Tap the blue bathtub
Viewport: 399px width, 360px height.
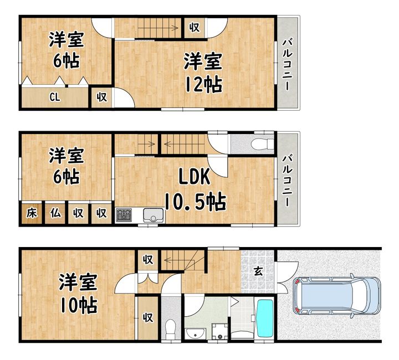[265, 318]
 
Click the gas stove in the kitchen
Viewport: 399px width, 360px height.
[124, 215]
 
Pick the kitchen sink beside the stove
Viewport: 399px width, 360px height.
[154, 215]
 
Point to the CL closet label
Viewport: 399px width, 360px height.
[55, 97]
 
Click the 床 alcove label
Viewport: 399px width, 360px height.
[32, 213]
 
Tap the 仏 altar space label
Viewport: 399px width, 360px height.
[55, 213]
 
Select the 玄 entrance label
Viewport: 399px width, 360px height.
[258, 272]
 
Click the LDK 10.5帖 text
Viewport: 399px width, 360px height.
[195, 189]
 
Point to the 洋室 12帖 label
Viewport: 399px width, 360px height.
[203, 73]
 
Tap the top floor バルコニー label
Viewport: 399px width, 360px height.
[288, 64]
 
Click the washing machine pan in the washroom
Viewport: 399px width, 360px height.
[220, 331]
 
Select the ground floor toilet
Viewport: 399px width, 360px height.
[170, 328]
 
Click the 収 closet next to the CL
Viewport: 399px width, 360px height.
[101, 97]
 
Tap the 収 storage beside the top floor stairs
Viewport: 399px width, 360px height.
[195, 28]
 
